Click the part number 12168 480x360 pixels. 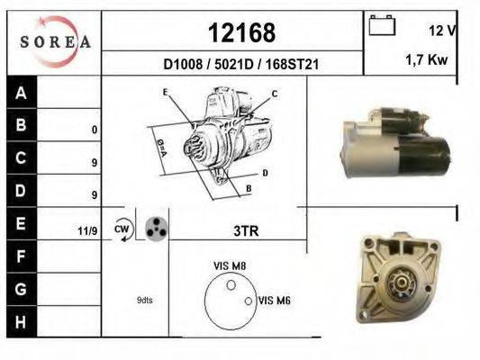[x=241, y=32]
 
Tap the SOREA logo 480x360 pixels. [x=55, y=41]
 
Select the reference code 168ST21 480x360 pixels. [x=292, y=65]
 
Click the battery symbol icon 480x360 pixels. [x=382, y=25]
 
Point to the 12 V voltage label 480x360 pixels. [x=442, y=31]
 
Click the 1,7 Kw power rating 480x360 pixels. [x=427, y=59]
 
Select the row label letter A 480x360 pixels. [x=21, y=93]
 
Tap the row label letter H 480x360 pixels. [x=21, y=322]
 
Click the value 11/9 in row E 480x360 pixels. [x=87, y=231]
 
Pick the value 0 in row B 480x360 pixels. [x=95, y=130]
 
